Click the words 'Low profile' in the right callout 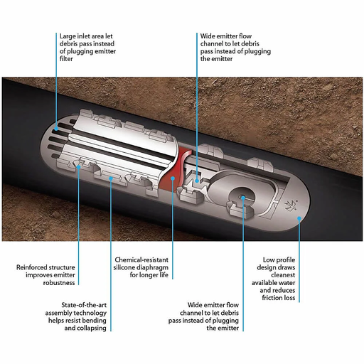[279, 258]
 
